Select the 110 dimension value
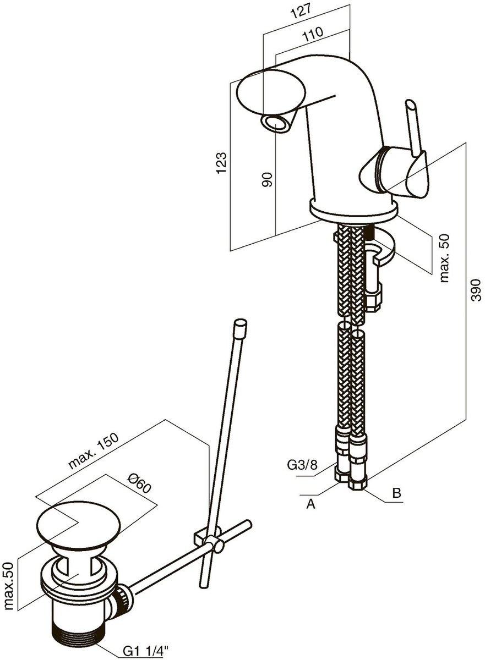coord(312,34)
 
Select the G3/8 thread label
coord(302,466)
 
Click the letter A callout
coord(310,504)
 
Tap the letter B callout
coord(396,493)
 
